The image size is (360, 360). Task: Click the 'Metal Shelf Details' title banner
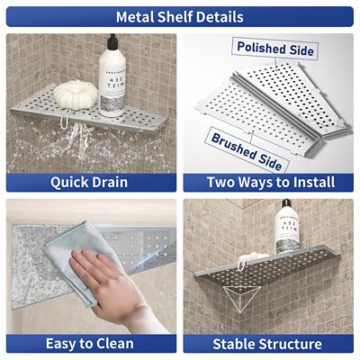180,16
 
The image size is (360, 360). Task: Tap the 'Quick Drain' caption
89,182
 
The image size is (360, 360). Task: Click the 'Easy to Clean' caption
89,343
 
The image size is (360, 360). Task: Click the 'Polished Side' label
274,49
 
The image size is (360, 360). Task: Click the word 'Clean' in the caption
112,343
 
